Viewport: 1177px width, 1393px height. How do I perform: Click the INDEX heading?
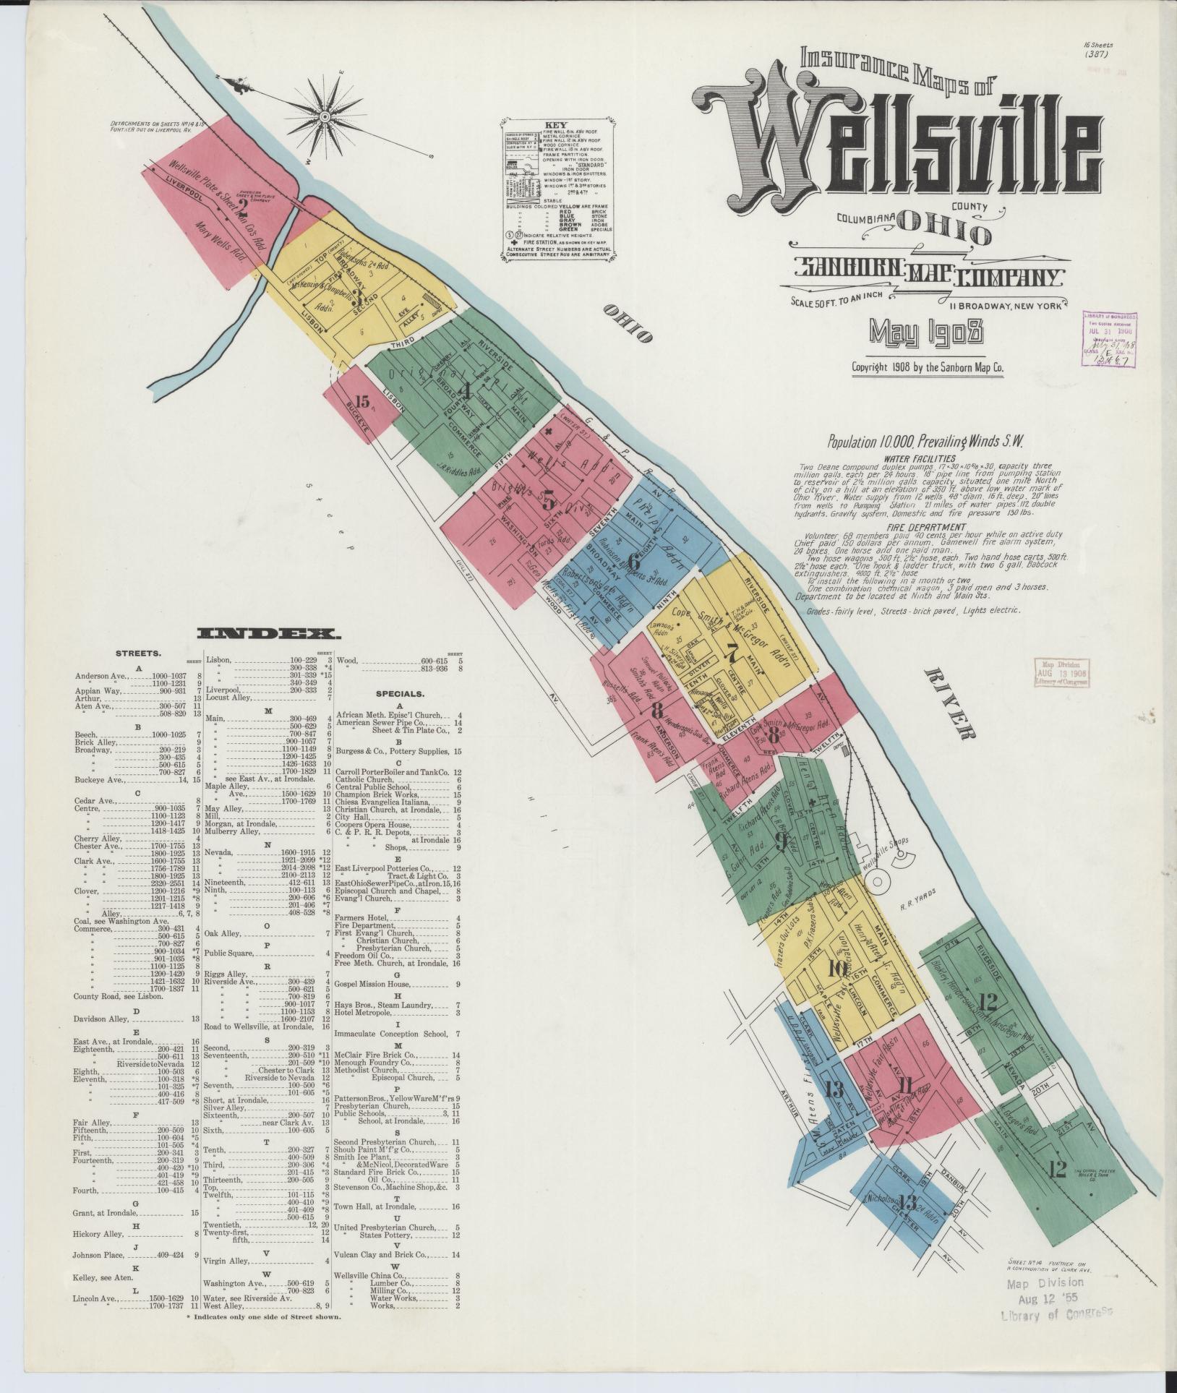click(269, 634)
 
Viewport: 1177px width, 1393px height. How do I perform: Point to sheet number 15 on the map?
click(362, 402)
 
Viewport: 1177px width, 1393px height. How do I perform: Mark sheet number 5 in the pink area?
click(549, 500)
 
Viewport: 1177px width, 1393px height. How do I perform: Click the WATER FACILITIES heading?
click(920, 458)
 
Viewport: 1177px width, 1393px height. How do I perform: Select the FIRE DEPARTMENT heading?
click(918, 527)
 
